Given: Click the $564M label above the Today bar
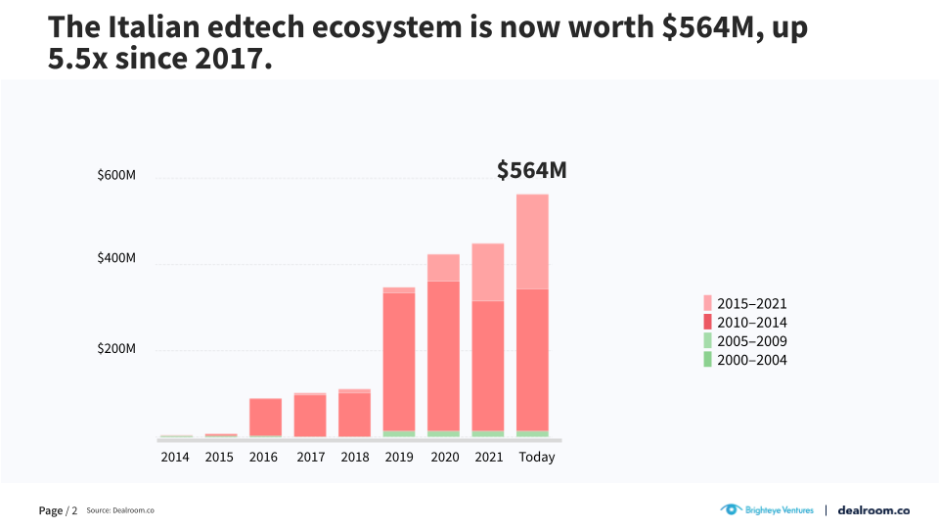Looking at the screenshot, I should tap(531, 170).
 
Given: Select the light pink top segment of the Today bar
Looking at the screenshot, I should tap(533, 242).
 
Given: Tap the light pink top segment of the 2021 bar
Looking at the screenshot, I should tap(487, 272).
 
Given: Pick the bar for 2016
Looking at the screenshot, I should tap(265, 417).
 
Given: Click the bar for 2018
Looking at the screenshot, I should tap(354, 413).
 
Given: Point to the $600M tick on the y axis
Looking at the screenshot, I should tap(116, 176).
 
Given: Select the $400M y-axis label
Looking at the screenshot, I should tap(116, 259).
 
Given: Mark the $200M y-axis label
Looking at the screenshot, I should tap(116, 349).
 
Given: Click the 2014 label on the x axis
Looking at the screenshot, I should tap(175, 457).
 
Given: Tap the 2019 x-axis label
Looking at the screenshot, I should tap(399, 457).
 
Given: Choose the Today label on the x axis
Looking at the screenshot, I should tap(536, 457).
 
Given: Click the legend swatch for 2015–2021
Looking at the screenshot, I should tap(707, 303).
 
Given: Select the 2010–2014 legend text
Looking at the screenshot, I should tap(752, 323).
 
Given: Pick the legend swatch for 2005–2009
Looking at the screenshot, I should tap(707, 341).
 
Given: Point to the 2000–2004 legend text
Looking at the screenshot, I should tap(752, 360).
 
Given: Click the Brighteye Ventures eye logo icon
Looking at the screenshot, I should tap(730, 509).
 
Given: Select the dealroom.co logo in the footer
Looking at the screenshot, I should tap(874, 509).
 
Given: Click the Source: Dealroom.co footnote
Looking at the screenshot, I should tap(120, 510).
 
